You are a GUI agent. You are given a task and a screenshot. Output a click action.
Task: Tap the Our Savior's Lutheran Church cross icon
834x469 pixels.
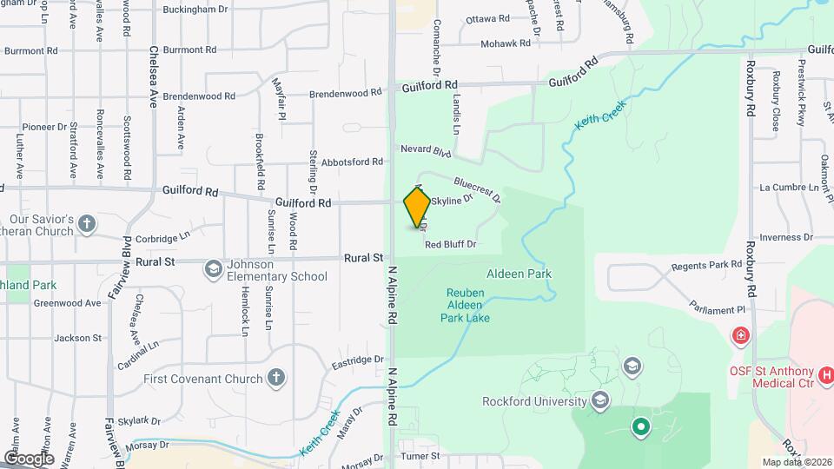pos(86,225)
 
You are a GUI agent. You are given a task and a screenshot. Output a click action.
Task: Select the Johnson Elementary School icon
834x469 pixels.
pos(213,269)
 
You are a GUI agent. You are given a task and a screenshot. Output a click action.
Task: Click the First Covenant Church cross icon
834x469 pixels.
pos(275,378)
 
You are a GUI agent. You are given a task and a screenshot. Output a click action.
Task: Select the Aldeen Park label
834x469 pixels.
pos(520,274)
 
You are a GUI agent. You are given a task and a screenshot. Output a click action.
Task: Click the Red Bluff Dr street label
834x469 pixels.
pos(451,245)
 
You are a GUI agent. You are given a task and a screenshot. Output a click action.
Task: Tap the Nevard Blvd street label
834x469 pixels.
pos(426,150)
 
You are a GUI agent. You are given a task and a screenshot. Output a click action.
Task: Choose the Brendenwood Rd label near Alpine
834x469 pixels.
pos(346,92)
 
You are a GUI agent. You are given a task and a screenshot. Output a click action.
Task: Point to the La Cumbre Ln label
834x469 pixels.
pos(788,187)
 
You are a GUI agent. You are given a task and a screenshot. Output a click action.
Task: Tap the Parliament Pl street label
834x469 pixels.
pos(717,309)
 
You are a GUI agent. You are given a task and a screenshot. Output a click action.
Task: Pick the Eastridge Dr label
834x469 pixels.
pos(356,359)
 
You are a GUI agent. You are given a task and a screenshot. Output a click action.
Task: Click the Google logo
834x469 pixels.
pos(28,458)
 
